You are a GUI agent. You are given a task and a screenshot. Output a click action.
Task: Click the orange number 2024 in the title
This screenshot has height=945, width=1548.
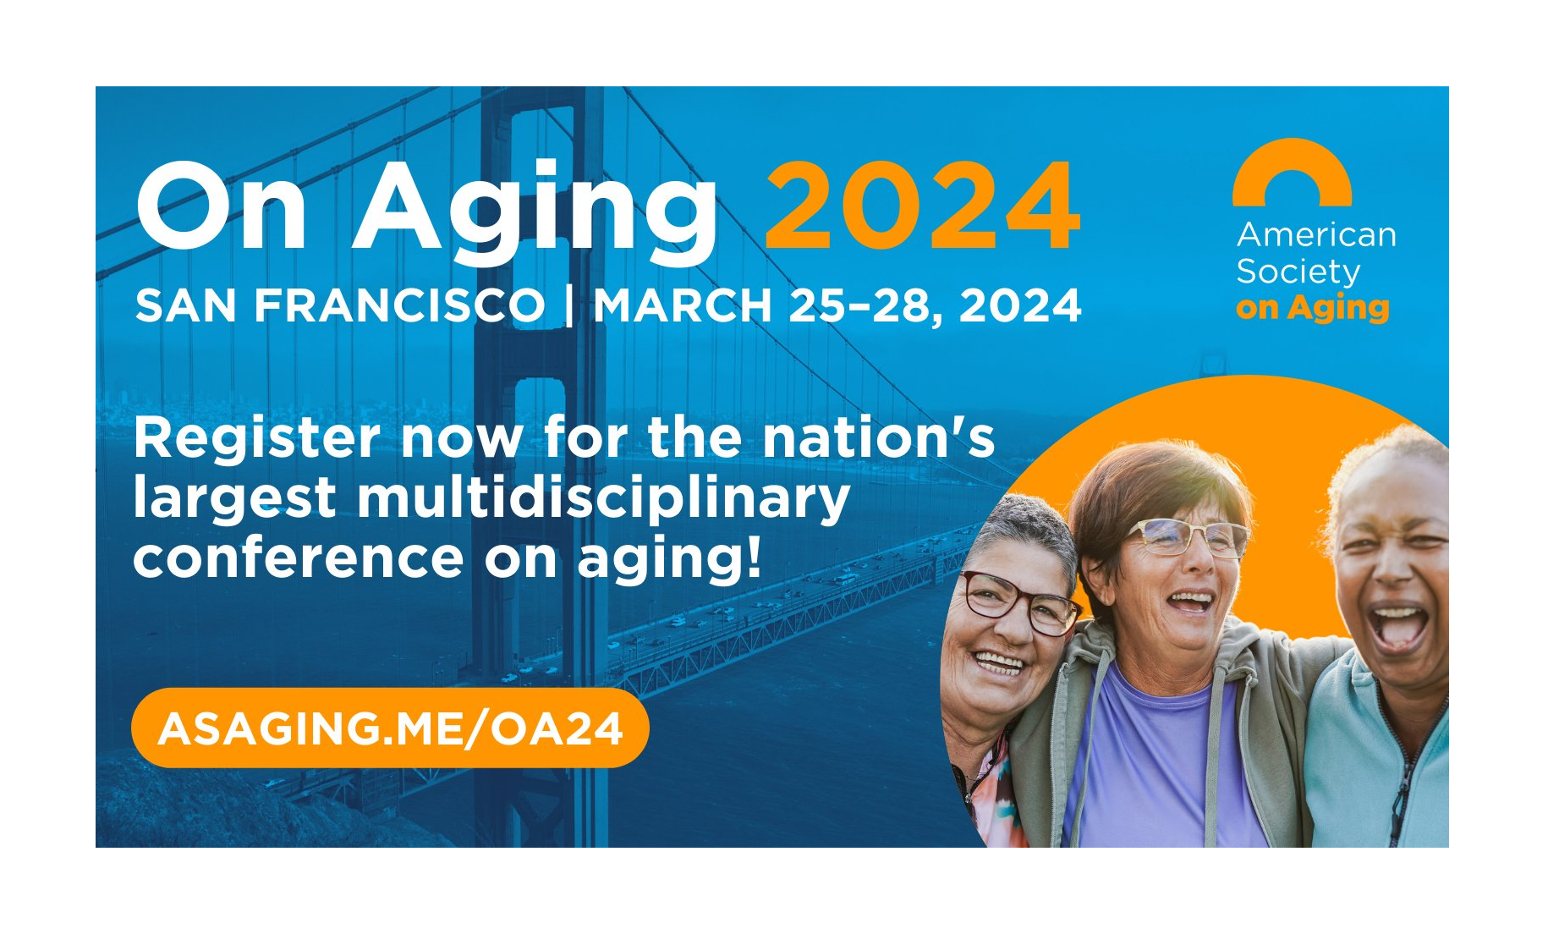coord(922,206)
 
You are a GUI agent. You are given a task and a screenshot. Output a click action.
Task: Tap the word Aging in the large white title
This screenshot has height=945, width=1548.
coord(535,212)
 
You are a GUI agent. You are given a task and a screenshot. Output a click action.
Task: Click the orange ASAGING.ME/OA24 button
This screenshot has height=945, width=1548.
coord(390,728)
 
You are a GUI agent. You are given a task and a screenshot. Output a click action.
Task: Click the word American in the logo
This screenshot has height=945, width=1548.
coord(1316,234)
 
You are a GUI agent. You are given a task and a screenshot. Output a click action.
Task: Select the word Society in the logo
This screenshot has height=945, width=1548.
coord(1298,272)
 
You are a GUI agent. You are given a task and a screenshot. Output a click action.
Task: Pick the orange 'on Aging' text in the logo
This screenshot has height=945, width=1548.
coord(1312,308)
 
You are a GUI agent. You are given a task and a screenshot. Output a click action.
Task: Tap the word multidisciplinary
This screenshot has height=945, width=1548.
coord(603,499)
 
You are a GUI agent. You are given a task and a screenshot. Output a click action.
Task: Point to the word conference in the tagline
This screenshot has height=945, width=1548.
coord(299,559)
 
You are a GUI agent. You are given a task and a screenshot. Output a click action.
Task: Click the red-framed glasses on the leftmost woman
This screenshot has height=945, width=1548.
coord(1018,602)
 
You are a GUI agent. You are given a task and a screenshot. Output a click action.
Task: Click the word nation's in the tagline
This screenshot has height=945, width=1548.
coord(879,437)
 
